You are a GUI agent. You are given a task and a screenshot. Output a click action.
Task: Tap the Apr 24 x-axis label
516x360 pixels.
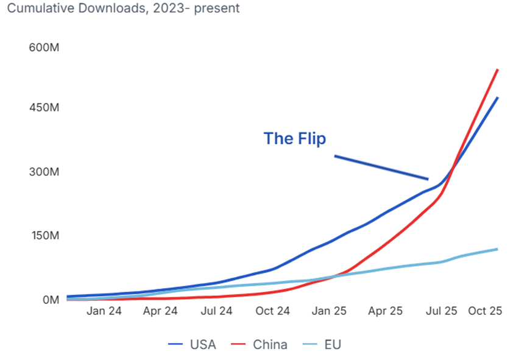[x=160, y=311]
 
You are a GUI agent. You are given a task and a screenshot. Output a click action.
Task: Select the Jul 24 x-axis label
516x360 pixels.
[x=216, y=311]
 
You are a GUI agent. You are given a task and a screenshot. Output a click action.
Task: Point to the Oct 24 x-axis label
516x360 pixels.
[x=272, y=311]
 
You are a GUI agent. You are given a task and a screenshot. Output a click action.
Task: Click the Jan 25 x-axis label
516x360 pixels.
[x=329, y=311]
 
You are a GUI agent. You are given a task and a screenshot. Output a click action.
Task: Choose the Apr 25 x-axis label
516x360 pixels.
[x=386, y=311]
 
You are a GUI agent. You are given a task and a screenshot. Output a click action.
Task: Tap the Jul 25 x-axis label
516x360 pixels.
[x=441, y=311]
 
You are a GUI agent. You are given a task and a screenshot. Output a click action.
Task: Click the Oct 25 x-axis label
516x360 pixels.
[x=485, y=311]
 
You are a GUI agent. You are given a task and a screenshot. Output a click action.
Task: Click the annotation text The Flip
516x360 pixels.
[x=294, y=139]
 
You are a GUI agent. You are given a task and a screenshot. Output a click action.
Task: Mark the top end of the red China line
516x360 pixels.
[x=498, y=70]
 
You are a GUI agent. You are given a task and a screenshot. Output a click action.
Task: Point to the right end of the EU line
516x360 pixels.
[x=497, y=249]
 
